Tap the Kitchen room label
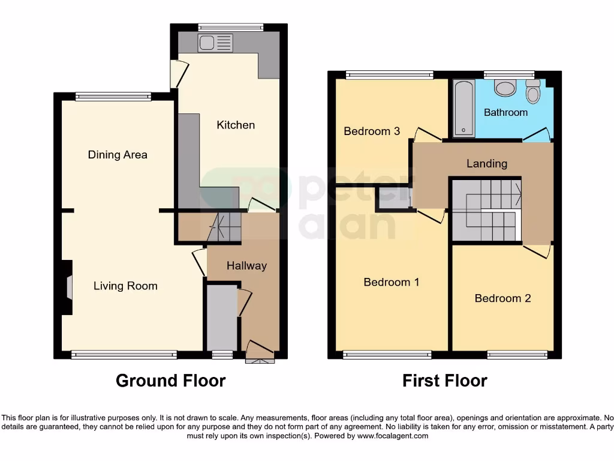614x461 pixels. [x=236, y=125]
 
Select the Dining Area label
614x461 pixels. [x=118, y=155]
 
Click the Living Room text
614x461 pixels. [x=125, y=286]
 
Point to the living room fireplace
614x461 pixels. [x=68, y=287]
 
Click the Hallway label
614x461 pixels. [x=246, y=266]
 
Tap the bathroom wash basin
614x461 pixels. [x=504, y=88]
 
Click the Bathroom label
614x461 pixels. [x=505, y=112]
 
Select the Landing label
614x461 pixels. [x=487, y=163]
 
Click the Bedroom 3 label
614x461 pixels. [x=372, y=131]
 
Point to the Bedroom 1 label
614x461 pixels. [x=392, y=282]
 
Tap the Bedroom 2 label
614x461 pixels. [x=502, y=298]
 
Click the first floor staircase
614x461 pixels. [x=486, y=210]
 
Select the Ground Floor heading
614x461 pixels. [x=170, y=381]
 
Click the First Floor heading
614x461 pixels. [x=444, y=381]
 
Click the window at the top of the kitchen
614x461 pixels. [x=231, y=27]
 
